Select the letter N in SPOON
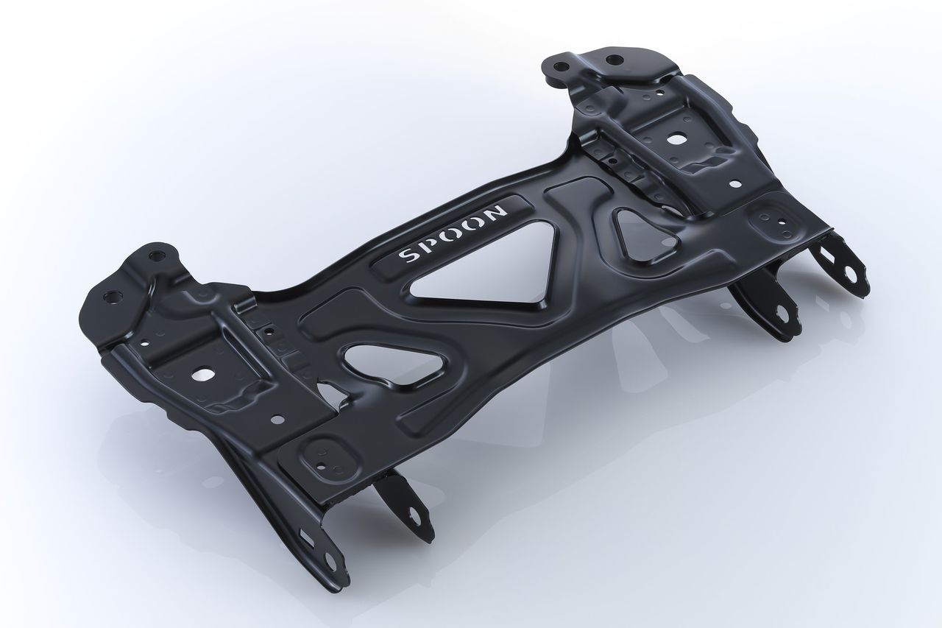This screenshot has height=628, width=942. click(497, 212)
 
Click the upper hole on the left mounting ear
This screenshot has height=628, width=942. click(155, 256)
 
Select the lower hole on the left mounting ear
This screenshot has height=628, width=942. click(112, 297)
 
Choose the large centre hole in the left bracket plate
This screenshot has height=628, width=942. click(199, 373)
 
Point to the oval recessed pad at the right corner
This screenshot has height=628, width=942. click(771, 219)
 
